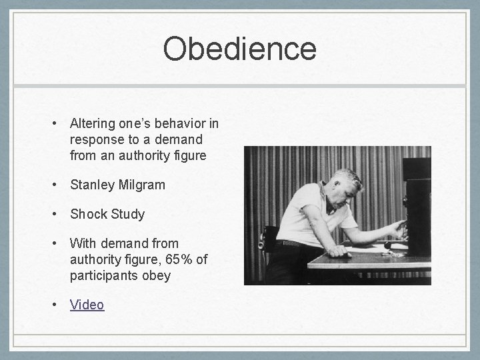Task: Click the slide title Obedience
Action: click(239, 49)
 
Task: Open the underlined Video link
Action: click(87, 305)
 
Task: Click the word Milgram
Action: click(141, 185)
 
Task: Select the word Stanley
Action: click(91, 185)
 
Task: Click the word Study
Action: click(127, 214)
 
